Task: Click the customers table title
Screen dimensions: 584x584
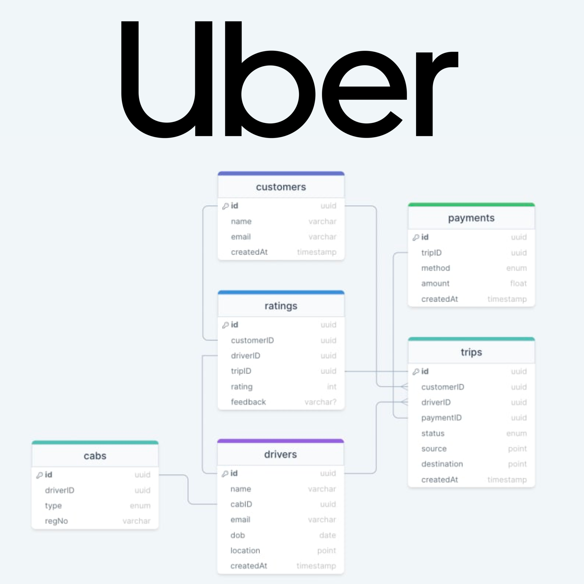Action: pos(281,187)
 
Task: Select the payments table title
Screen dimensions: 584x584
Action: pos(471,218)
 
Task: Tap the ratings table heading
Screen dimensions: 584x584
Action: pos(281,306)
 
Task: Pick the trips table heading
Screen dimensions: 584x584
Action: pos(471,352)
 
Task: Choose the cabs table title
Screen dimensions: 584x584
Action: pos(95,456)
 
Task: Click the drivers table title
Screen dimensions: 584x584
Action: pos(280,454)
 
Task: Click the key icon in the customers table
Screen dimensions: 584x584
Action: pos(226,206)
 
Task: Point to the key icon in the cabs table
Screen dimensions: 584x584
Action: pos(39,475)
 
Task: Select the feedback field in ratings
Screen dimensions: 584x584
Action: pos(248,402)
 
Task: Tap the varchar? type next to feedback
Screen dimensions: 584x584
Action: pos(320,402)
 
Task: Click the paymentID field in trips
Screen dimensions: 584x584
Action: pos(441,418)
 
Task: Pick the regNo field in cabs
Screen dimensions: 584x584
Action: pos(56,521)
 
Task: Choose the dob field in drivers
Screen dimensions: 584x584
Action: pos(238,535)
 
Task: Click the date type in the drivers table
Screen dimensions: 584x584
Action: pos(327,535)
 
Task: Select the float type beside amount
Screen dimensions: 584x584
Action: pos(518,283)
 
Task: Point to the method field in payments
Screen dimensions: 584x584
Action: pos(435,268)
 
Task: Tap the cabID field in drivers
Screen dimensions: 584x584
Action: pos(241,504)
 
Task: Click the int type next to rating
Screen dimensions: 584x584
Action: pos(332,387)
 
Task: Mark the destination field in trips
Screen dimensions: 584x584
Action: pos(442,464)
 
